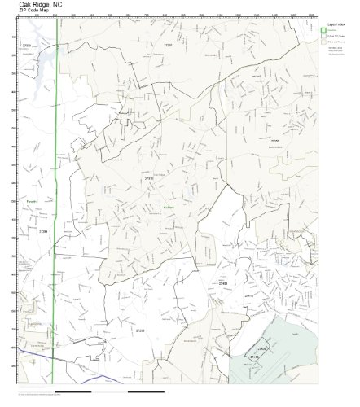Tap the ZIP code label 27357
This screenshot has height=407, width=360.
[168, 44]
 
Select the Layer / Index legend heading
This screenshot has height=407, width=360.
[335, 24]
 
